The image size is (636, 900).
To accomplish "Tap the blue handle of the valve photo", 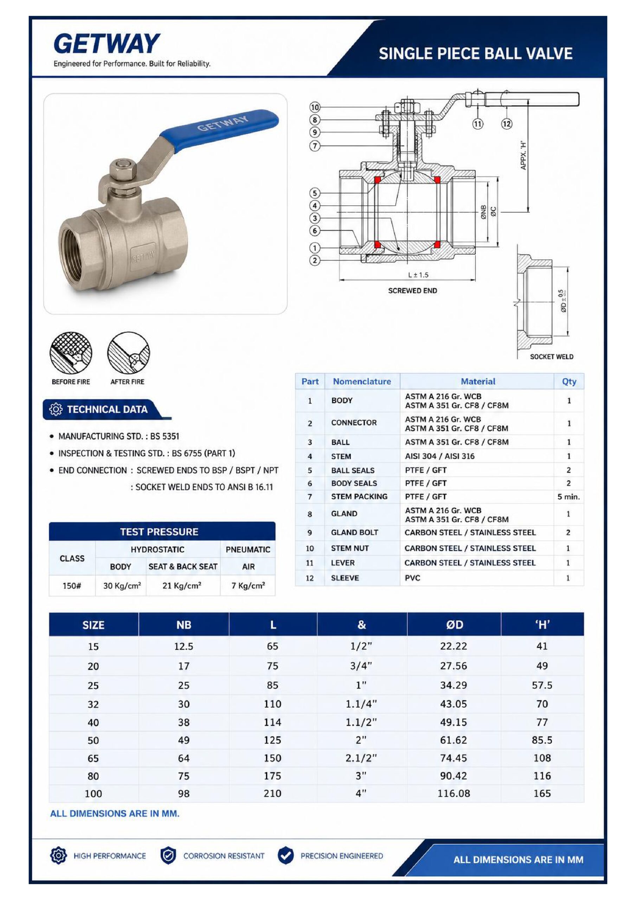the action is (x=220, y=129).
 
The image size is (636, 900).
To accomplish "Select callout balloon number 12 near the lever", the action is (x=507, y=124).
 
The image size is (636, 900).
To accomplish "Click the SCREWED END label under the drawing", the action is (x=412, y=290).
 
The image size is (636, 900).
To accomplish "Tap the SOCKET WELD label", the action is (x=551, y=357).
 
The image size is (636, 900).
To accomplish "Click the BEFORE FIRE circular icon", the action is (x=71, y=353).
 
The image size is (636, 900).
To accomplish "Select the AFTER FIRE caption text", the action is (x=127, y=382).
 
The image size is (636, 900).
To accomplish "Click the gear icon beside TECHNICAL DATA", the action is (x=56, y=409).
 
